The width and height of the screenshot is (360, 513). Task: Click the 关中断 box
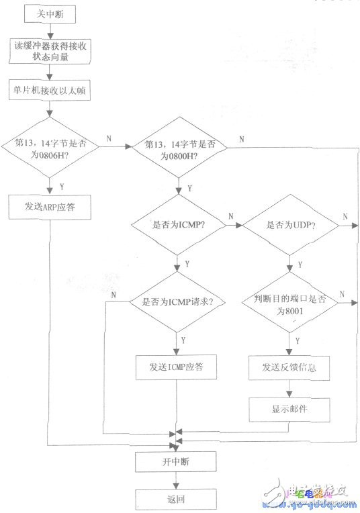point(48,13)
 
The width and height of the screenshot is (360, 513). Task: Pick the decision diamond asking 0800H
point(178,148)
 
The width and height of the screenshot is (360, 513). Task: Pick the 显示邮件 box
point(289,409)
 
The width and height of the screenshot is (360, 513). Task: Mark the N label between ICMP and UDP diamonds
point(231,216)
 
